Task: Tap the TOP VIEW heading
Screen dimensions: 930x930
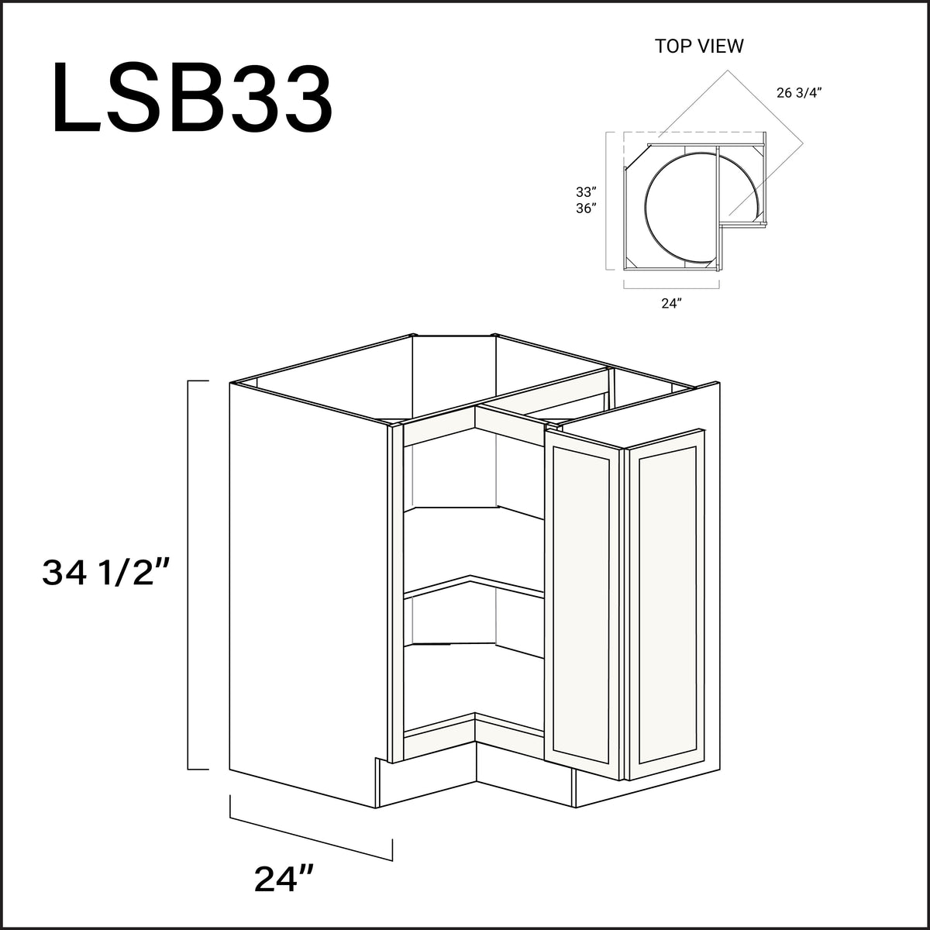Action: (699, 46)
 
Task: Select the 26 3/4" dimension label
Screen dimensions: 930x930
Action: (797, 93)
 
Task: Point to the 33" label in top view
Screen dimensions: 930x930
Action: (585, 191)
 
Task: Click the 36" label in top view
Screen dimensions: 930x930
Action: (585, 208)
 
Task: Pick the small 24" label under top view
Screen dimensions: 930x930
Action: (670, 304)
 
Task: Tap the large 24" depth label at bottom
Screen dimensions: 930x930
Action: (283, 879)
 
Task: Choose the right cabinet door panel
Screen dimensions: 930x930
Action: (666, 604)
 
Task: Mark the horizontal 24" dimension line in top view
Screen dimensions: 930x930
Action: (671, 287)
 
